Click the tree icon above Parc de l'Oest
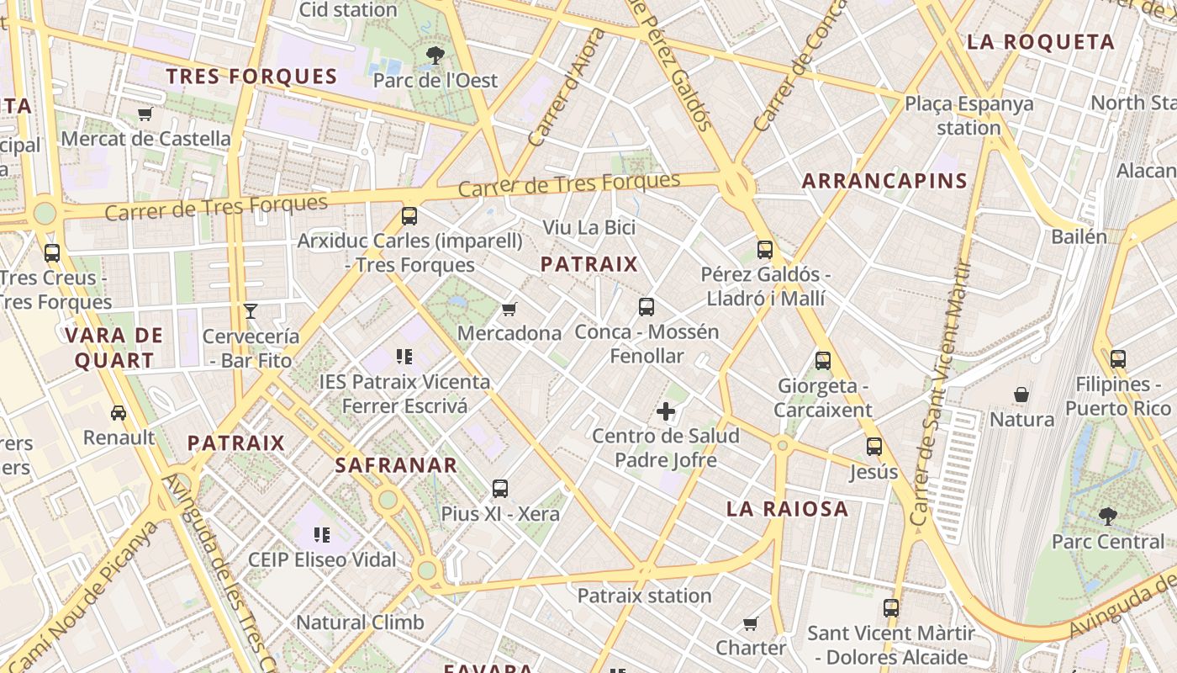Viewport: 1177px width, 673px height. [x=435, y=56]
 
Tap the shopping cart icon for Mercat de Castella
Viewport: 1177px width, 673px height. [x=145, y=114]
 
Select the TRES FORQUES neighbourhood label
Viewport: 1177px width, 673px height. [x=251, y=77]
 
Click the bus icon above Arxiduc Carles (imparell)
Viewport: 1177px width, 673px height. [x=409, y=216]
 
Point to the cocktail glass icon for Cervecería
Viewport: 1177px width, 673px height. [x=251, y=311]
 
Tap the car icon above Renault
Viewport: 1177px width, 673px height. [x=119, y=413]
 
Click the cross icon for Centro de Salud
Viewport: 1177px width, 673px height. [x=666, y=411]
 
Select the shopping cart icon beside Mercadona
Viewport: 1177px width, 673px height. [x=509, y=310]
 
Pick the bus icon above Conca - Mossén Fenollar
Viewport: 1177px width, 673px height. [x=646, y=307]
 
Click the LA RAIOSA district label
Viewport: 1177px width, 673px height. [x=787, y=509]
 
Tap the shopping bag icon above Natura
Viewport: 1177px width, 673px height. [x=1021, y=395]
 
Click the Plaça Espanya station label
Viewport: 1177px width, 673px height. [x=969, y=116]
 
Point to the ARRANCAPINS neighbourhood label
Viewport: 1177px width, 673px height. [x=884, y=181]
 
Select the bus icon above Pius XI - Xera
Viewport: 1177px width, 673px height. [x=500, y=489]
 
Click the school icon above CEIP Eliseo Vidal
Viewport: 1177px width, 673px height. [x=321, y=534]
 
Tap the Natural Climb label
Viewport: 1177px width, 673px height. [x=360, y=623]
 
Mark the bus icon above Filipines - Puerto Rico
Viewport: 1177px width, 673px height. [x=1117, y=359]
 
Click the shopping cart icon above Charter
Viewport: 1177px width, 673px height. [x=751, y=624]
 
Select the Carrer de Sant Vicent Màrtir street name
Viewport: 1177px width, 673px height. [x=940, y=395]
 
